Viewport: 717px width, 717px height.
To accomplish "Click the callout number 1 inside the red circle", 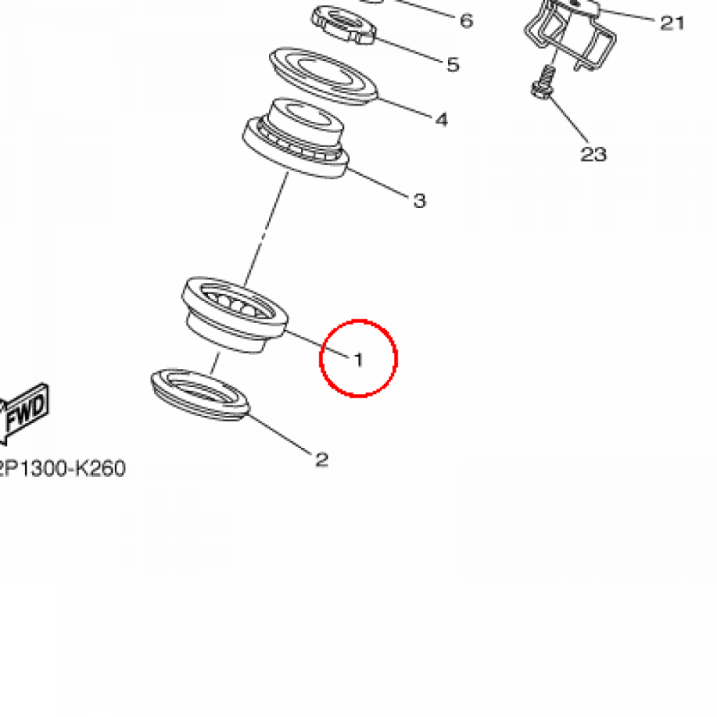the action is tap(359, 360).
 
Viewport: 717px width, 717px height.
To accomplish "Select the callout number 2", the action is tap(322, 459).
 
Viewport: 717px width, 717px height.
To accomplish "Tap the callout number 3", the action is tap(420, 200).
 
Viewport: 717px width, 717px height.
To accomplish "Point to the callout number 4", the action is tap(442, 120).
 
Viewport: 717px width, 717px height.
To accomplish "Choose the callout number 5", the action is tap(453, 64).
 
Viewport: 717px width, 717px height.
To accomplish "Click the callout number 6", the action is tap(466, 20).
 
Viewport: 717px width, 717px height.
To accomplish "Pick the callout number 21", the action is tap(672, 23).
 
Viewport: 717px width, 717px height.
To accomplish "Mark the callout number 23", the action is tap(593, 154).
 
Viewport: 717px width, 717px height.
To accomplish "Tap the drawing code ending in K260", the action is tap(62, 468).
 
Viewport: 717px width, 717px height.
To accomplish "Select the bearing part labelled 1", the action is tap(235, 314).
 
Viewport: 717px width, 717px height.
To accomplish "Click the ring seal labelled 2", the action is tap(200, 395).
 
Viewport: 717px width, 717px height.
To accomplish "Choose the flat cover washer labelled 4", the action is tap(323, 76).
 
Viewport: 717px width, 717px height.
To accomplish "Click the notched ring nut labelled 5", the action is tap(344, 25).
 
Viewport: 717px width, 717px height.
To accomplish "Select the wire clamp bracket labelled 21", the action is tap(570, 34).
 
